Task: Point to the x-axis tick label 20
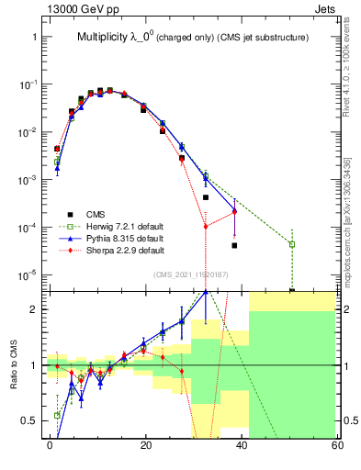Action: (145, 444)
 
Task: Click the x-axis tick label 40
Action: (241, 444)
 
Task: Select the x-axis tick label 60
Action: (336, 444)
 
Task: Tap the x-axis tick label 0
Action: (50, 444)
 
